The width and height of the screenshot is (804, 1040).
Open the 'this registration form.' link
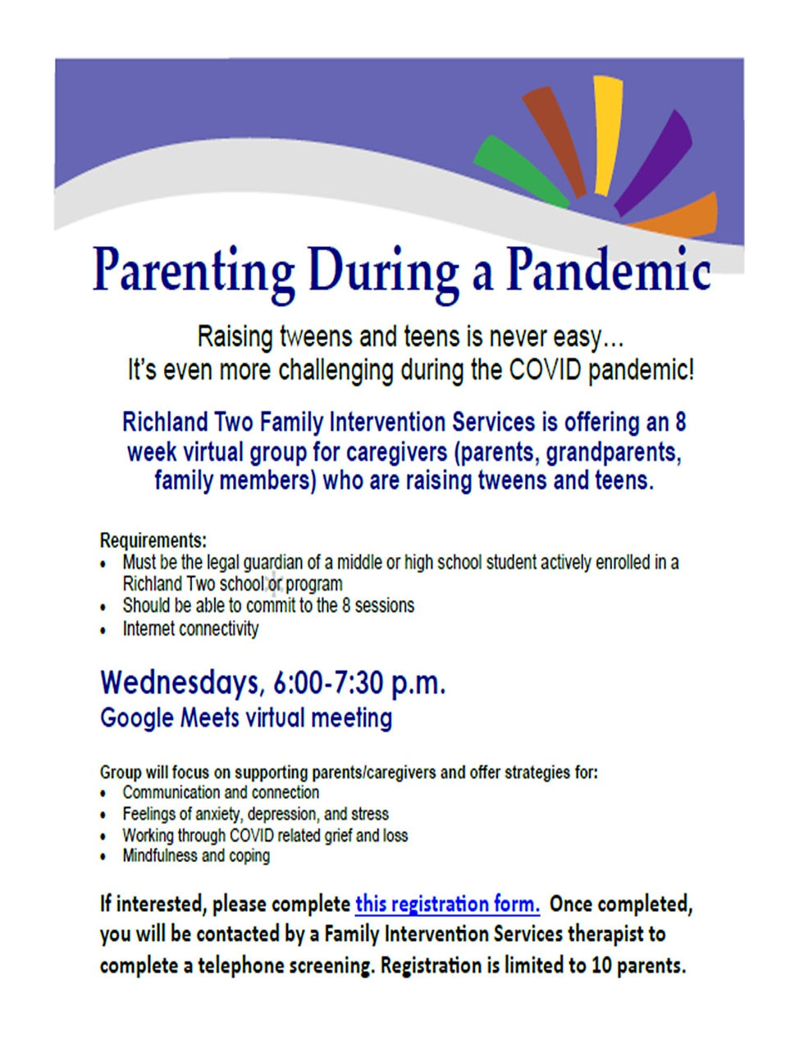click(447, 904)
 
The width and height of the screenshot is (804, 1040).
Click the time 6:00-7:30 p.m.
click(359, 684)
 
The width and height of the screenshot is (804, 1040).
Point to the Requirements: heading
click(153, 541)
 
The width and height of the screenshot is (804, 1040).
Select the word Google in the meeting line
click(136, 718)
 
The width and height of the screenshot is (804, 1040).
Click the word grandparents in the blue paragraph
click(614, 453)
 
